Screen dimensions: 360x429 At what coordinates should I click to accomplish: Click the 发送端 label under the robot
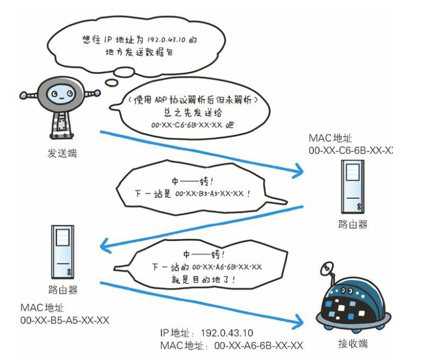[x=62, y=153]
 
